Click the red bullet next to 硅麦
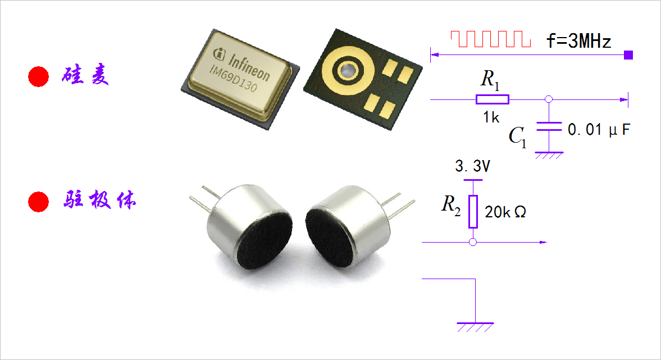(x=39, y=76)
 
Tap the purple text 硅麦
(x=85, y=76)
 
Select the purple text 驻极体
(x=98, y=201)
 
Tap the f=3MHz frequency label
(x=578, y=42)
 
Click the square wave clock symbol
(x=490, y=39)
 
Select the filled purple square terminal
(x=628, y=54)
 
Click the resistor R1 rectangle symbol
(x=493, y=99)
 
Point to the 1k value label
(x=491, y=117)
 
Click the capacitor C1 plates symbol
(x=549, y=126)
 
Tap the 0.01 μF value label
(x=599, y=130)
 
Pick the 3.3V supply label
(x=473, y=167)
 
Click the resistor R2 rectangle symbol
(x=473, y=212)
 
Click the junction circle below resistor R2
(x=473, y=242)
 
